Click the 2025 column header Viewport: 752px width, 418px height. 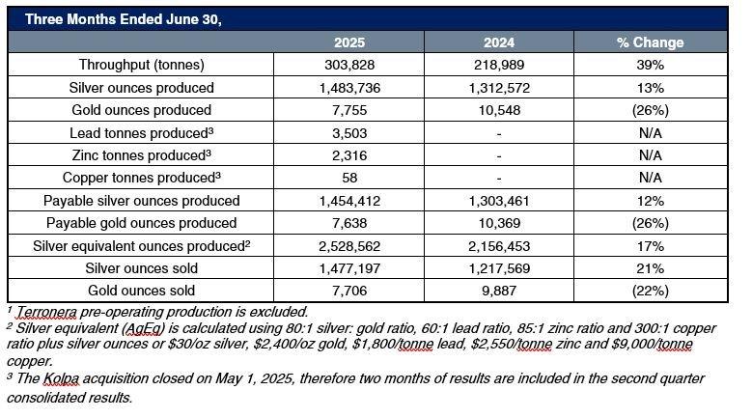coord(348,42)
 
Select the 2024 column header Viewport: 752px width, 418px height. coord(498,42)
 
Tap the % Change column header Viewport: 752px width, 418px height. coord(650,42)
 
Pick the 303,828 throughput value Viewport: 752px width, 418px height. coord(348,65)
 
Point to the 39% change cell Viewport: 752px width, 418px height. coord(650,65)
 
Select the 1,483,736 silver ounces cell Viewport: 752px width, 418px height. coord(348,88)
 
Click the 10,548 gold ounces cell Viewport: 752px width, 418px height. coord(498,110)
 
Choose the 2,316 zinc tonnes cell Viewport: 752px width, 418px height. coord(348,155)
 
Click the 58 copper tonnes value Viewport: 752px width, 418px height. coord(348,179)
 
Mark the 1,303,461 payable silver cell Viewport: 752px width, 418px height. coord(498,201)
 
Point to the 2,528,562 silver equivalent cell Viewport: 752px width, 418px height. coord(348,246)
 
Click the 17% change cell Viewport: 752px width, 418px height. coord(650,246)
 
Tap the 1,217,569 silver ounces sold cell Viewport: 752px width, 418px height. coord(498,268)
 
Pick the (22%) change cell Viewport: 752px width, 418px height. coord(650,291)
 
